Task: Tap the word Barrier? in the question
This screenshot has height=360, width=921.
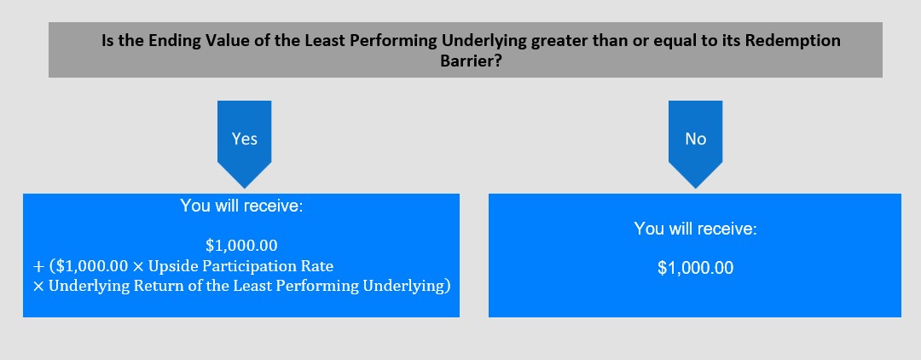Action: pyautogui.click(x=471, y=61)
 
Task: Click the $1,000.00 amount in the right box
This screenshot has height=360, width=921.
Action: pyautogui.click(x=696, y=268)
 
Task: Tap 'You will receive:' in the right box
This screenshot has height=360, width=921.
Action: pyautogui.click(x=696, y=229)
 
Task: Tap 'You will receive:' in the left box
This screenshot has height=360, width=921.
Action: pyautogui.click(x=241, y=206)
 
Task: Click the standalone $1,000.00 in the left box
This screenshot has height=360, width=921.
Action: pyautogui.click(x=241, y=245)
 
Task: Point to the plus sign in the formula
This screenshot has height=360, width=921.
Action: pyautogui.click(x=38, y=267)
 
